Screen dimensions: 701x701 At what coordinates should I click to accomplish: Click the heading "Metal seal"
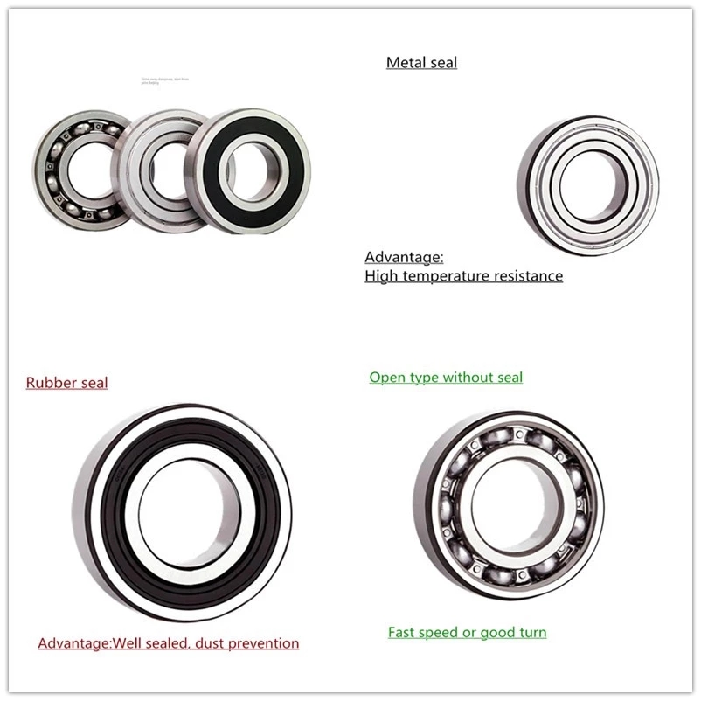click(421, 62)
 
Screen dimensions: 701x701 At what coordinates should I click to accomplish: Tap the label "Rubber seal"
click(66, 383)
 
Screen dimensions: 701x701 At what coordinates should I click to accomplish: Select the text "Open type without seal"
click(446, 378)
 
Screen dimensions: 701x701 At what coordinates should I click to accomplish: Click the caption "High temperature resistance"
click(463, 276)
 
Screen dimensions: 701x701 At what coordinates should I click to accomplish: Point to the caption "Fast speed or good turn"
click(467, 632)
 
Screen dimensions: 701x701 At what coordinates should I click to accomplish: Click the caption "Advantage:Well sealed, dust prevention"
click(168, 643)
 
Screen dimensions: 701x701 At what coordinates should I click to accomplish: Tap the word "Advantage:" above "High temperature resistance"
click(404, 257)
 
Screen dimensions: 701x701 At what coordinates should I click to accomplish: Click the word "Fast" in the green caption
click(403, 632)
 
